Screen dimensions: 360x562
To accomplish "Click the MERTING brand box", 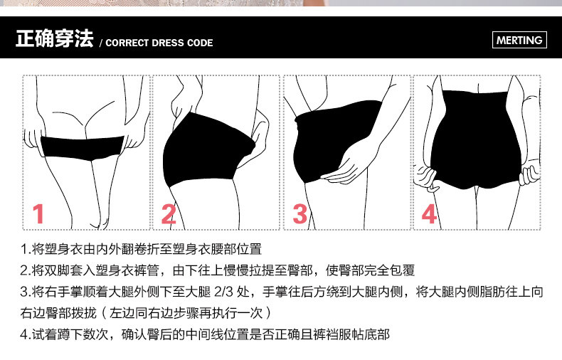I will (519, 40).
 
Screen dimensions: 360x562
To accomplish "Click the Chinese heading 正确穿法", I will (54, 39).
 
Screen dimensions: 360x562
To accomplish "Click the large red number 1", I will (39, 213).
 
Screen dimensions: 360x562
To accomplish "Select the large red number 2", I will (169, 213).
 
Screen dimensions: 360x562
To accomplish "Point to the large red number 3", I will (300, 213).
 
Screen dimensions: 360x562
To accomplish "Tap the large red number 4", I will (429, 213).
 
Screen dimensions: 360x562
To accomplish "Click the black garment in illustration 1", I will (82, 146).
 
